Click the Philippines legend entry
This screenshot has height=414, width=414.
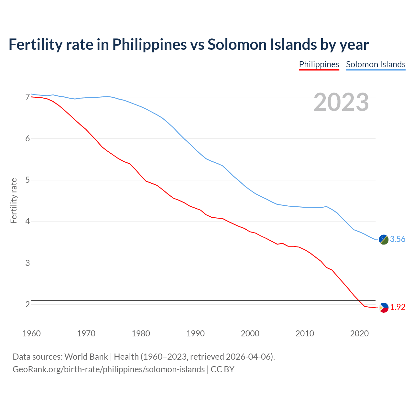pos(319,64)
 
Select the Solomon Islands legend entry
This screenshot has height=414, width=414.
pos(376,64)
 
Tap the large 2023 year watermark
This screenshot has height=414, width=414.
pos(341,102)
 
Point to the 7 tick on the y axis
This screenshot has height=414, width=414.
pos(27,97)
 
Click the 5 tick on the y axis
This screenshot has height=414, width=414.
pos(27,180)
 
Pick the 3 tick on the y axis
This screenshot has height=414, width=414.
pos(27,263)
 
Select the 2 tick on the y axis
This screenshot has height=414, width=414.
pos(27,304)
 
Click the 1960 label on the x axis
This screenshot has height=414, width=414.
pos(31,333)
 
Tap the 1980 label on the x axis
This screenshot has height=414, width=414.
pos(141,333)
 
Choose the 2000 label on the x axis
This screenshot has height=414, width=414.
pos(250,333)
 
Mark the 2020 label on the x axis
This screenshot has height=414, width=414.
pos(359,333)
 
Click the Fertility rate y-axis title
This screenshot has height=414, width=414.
pos(14,201)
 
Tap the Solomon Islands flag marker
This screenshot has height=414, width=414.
pos(384,239)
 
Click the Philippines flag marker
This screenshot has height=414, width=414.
pos(384,308)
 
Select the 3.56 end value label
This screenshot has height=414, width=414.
pos(398,239)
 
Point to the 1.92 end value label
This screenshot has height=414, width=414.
pos(398,307)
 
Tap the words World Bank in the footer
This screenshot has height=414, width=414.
pos(86,357)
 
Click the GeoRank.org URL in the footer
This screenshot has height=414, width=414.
pos(108,369)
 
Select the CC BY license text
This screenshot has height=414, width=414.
pos(223,369)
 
